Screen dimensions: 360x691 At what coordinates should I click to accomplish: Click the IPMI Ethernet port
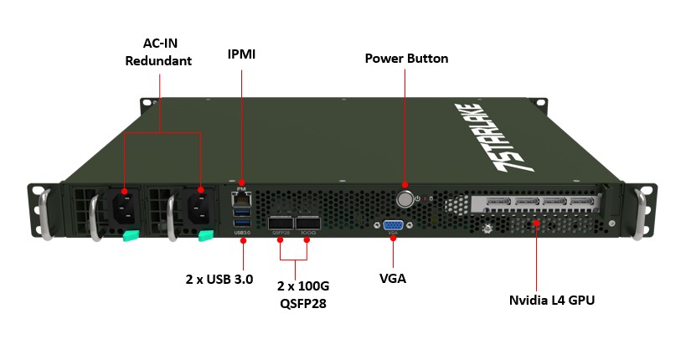pyautogui.click(x=242, y=198)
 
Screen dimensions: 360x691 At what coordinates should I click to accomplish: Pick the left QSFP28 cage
pyautogui.click(x=281, y=222)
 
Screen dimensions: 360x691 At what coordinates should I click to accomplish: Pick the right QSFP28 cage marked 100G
pyautogui.click(x=307, y=222)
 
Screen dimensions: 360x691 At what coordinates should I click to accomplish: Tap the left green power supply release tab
pyautogui.click(x=131, y=236)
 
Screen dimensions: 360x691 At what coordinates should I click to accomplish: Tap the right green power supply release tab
pyautogui.click(x=206, y=236)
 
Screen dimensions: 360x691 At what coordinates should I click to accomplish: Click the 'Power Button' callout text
pyautogui.click(x=406, y=59)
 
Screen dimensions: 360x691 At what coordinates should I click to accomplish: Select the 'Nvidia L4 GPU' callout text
pyautogui.click(x=552, y=300)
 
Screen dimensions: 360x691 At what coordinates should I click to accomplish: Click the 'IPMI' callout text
pyautogui.click(x=241, y=54)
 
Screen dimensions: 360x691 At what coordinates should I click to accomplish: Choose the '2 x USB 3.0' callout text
pyautogui.click(x=219, y=278)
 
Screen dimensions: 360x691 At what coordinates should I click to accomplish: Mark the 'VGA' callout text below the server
pyautogui.click(x=393, y=278)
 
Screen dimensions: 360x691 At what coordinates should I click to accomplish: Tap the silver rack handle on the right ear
pyautogui.click(x=643, y=213)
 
